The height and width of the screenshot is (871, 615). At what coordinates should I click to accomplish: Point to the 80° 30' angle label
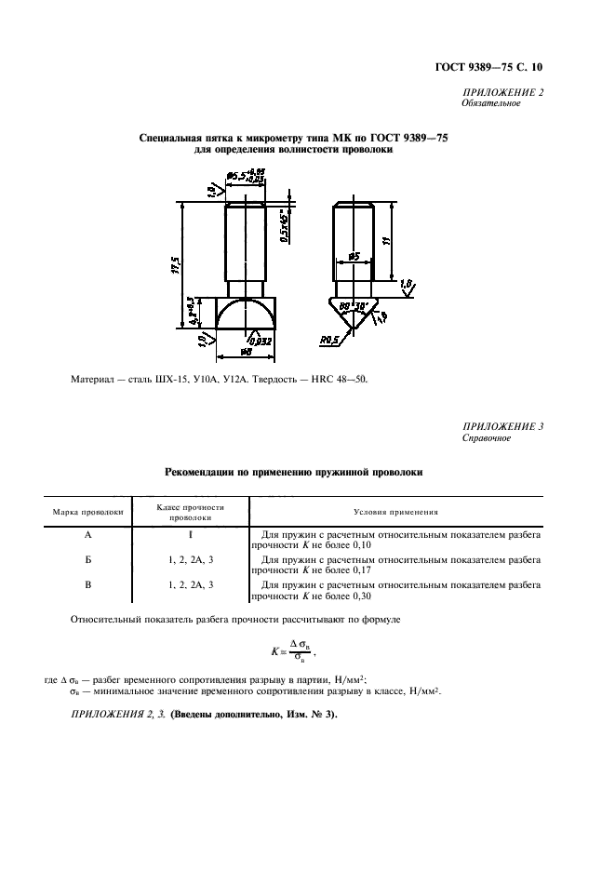(x=356, y=304)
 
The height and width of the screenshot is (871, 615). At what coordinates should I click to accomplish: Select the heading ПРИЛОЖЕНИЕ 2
(x=502, y=91)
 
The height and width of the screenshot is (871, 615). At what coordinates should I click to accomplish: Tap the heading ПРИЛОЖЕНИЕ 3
(x=502, y=425)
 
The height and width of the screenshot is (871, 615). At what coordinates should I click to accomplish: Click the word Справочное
(x=487, y=437)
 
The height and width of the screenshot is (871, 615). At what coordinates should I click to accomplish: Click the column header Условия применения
(x=396, y=512)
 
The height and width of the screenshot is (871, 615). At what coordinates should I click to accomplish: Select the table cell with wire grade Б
(x=87, y=560)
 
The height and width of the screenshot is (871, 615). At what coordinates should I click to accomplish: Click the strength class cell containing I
(x=191, y=536)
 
